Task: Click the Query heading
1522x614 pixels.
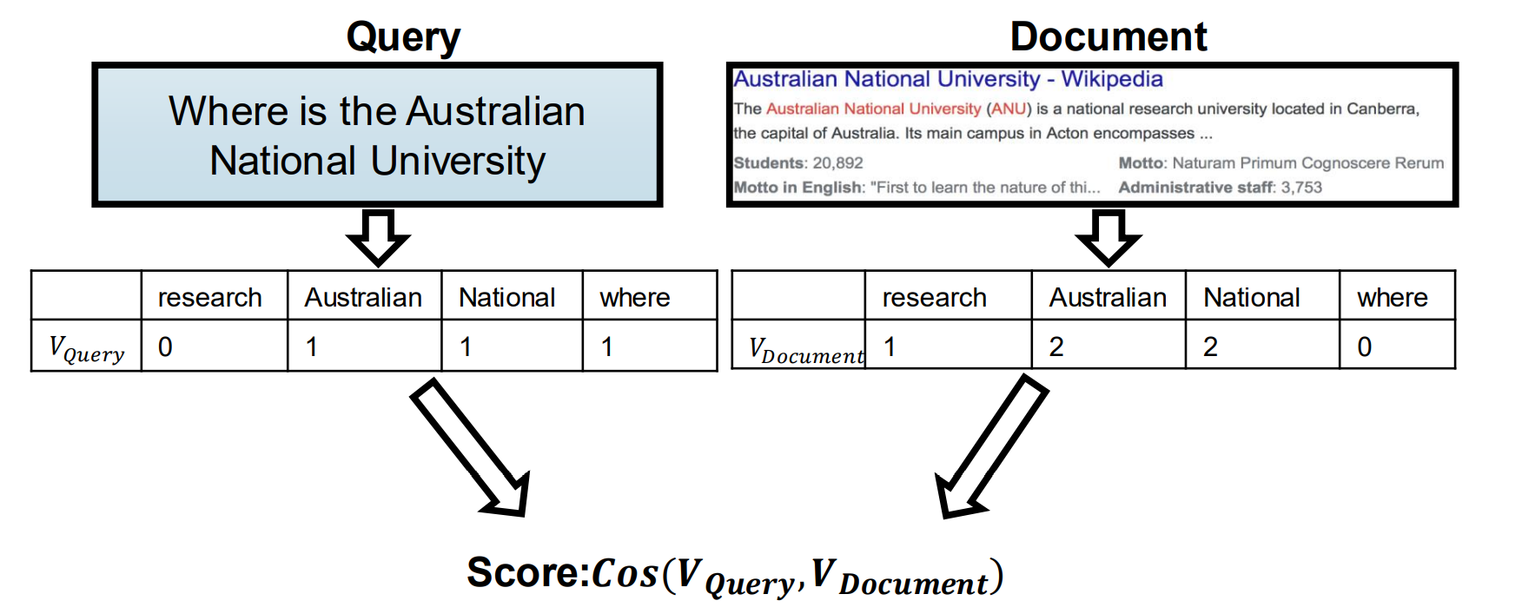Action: (403, 37)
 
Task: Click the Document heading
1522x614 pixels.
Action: (1108, 37)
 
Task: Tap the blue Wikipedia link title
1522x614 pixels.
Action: (948, 79)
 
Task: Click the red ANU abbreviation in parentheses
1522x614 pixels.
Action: (1009, 109)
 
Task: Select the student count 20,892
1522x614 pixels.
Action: (837, 162)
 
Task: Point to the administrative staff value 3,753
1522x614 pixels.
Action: (1301, 187)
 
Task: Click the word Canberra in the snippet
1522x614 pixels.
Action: (1382, 109)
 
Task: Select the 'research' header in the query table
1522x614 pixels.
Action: (209, 297)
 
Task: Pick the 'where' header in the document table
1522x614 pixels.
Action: (1392, 297)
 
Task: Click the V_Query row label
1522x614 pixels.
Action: (87, 348)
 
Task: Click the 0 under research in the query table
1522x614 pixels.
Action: (165, 347)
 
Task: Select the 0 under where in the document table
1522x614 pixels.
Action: (1365, 347)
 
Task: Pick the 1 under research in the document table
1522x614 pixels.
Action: (890, 347)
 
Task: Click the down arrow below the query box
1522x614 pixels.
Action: (378, 236)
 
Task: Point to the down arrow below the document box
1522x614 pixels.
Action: (1108, 236)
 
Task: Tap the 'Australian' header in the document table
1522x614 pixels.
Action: (1108, 297)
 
